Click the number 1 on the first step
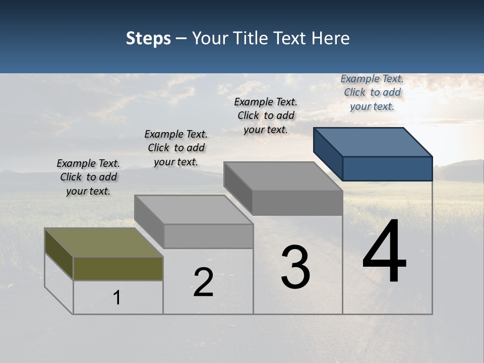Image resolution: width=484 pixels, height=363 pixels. [x=117, y=297]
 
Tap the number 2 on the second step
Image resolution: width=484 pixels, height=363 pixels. [x=203, y=282]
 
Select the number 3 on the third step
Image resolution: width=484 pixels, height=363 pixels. [x=295, y=267]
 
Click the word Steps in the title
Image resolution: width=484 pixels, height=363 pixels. [x=148, y=38]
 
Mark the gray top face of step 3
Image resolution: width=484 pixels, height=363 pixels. [x=283, y=176]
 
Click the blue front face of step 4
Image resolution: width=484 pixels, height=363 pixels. [x=387, y=168]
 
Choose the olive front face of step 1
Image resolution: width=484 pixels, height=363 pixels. [x=118, y=268]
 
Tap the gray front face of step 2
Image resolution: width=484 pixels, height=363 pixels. [x=208, y=236]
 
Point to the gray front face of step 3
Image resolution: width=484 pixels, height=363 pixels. [x=297, y=203]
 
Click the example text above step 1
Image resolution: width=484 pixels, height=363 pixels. [x=88, y=177]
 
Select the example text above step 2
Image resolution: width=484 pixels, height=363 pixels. [x=176, y=148]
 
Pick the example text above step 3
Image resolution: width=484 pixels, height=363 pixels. [x=266, y=115]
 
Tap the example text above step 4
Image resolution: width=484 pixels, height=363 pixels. [x=372, y=92]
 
